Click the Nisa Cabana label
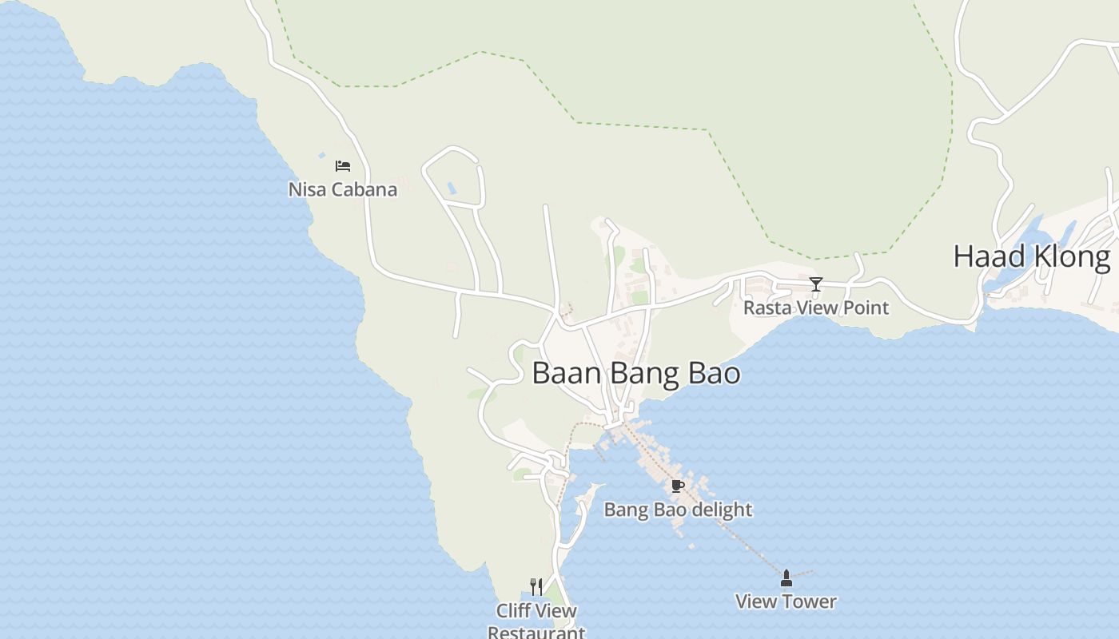[x=342, y=189]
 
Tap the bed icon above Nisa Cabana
[x=343, y=166]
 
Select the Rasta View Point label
[x=815, y=308]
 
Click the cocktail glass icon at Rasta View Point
[x=815, y=284]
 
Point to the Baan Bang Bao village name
[x=635, y=373]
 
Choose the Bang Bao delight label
[x=678, y=510]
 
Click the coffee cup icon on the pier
[x=678, y=486]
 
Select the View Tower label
[x=786, y=601]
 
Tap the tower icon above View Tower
[x=786, y=578]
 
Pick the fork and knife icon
[x=536, y=587]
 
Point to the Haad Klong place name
[x=1031, y=256]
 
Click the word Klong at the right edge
[x=1070, y=256]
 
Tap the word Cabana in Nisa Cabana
[x=364, y=189]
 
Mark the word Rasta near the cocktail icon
[x=765, y=308]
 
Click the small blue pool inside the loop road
[x=452, y=189]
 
